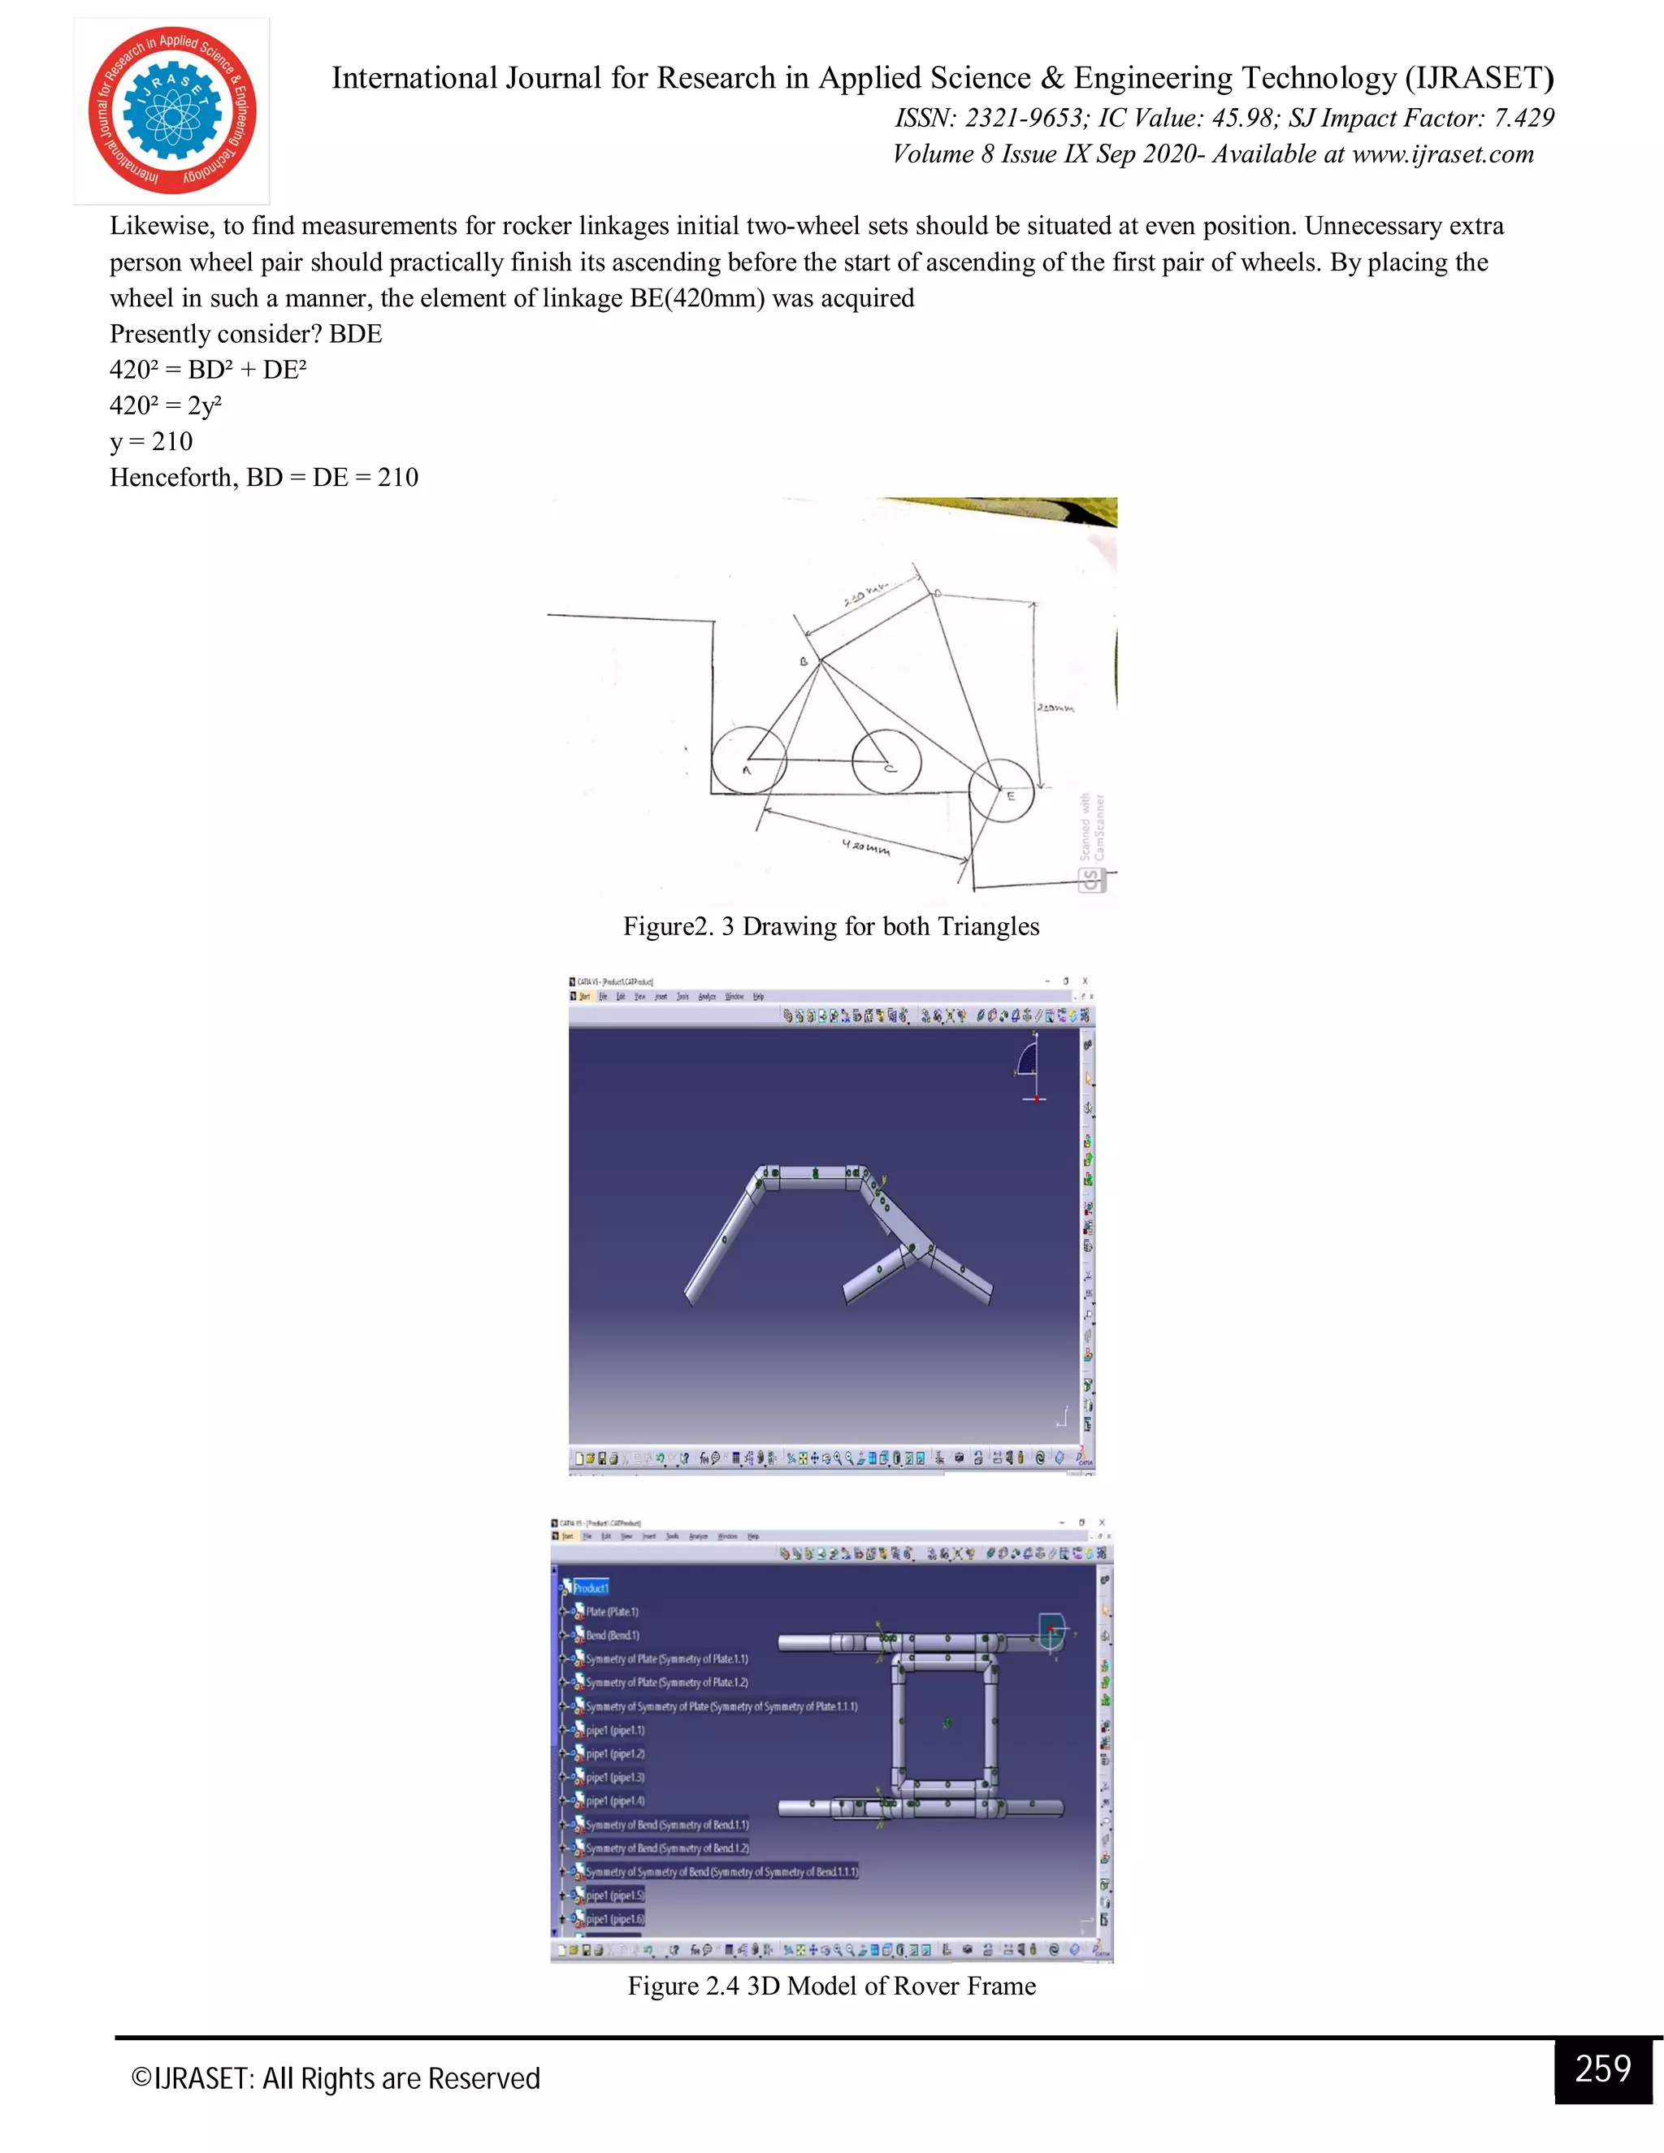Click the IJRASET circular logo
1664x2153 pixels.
172,110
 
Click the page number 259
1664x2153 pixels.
1603,2069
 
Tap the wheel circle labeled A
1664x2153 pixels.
748,760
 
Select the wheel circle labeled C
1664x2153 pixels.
886,760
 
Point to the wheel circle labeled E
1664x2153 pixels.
1002,791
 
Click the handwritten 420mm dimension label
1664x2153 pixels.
866,847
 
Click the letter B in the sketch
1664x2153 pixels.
804,661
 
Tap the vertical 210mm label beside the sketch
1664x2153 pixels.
1055,708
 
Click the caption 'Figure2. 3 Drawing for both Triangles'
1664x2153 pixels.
831,927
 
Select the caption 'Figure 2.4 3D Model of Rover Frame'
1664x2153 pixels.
831,1986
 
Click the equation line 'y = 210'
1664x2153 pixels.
152,442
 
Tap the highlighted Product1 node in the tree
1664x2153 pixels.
591,1588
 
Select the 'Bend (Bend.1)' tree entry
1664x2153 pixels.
612,1635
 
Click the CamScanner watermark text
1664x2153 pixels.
1092,828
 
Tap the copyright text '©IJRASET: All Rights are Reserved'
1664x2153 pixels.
336,2078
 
